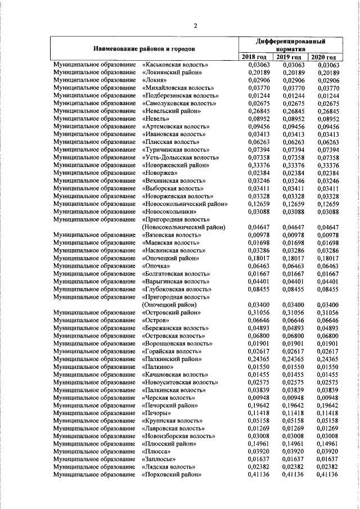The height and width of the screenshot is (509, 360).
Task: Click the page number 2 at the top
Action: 195,24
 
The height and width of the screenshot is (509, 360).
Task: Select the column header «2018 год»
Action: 254,57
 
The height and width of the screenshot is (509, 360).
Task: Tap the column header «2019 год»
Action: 289,57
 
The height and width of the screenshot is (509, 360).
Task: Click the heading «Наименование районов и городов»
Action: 144,48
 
